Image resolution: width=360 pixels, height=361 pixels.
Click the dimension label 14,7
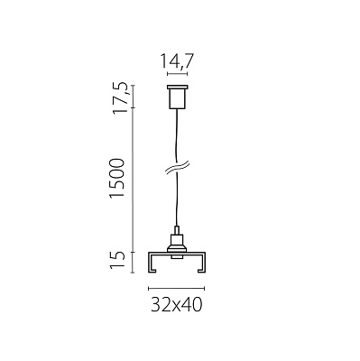[x=177, y=61]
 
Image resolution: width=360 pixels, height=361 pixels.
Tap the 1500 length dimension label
[x=117, y=178]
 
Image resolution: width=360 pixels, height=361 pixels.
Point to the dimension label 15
[x=117, y=259]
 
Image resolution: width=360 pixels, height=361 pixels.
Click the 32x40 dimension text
[x=177, y=304]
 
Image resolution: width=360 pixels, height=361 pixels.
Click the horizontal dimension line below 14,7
[x=177, y=74]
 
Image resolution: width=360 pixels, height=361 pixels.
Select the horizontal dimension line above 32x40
[x=177, y=289]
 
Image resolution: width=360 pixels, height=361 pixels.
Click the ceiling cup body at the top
[x=177, y=99]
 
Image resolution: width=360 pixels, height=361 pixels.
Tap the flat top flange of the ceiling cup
[x=177, y=88]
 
